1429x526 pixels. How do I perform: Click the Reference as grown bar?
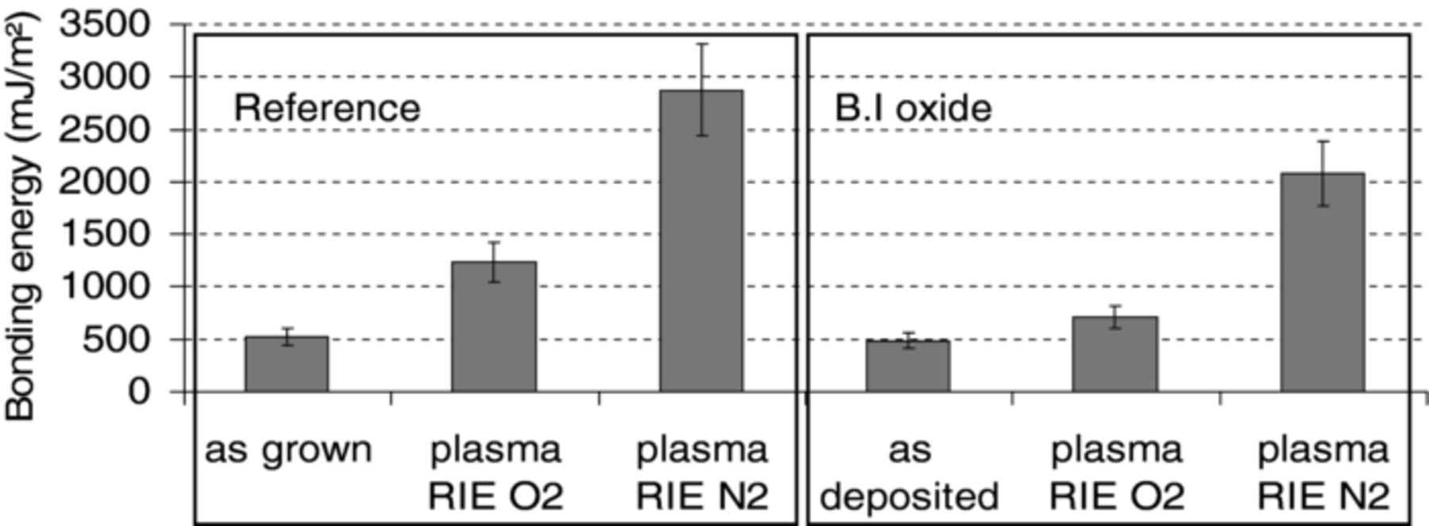(x=286, y=364)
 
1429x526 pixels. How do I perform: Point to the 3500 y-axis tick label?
(x=105, y=25)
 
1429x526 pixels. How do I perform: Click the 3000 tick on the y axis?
(x=105, y=77)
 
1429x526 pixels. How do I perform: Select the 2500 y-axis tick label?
(x=105, y=129)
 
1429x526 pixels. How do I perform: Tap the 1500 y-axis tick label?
(x=105, y=234)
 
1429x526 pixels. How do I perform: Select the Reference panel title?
(x=326, y=108)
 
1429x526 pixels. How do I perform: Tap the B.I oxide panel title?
(x=913, y=108)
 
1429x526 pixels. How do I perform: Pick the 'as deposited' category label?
(x=909, y=474)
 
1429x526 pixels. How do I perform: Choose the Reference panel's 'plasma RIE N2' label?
(x=703, y=474)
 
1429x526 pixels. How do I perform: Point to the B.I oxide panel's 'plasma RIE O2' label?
(x=1116, y=474)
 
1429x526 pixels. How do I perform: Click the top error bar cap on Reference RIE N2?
(x=702, y=44)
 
